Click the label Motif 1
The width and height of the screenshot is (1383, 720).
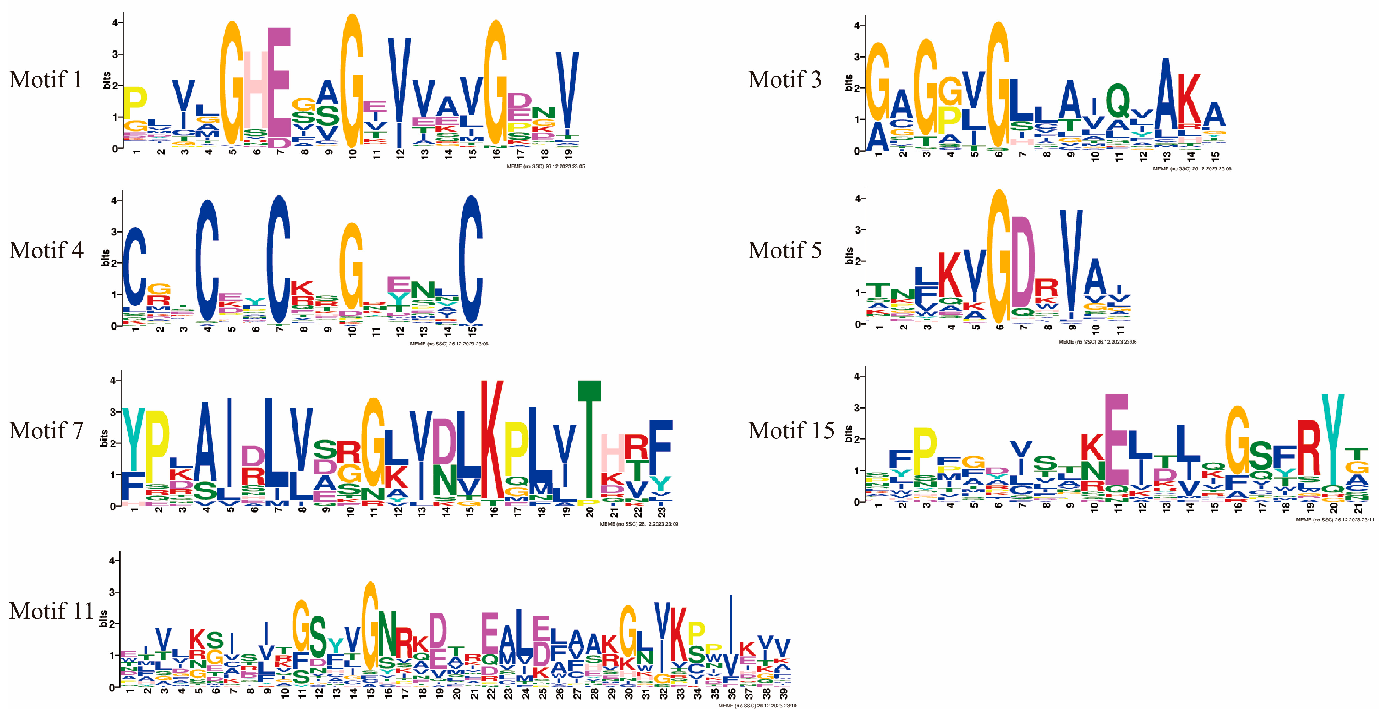point(46,80)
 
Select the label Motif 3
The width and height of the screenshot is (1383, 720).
point(784,80)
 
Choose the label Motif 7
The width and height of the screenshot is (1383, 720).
point(46,431)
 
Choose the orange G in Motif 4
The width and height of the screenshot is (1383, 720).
point(351,266)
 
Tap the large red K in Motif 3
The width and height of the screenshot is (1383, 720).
point(1189,99)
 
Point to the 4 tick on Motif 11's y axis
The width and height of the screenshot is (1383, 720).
point(112,561)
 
